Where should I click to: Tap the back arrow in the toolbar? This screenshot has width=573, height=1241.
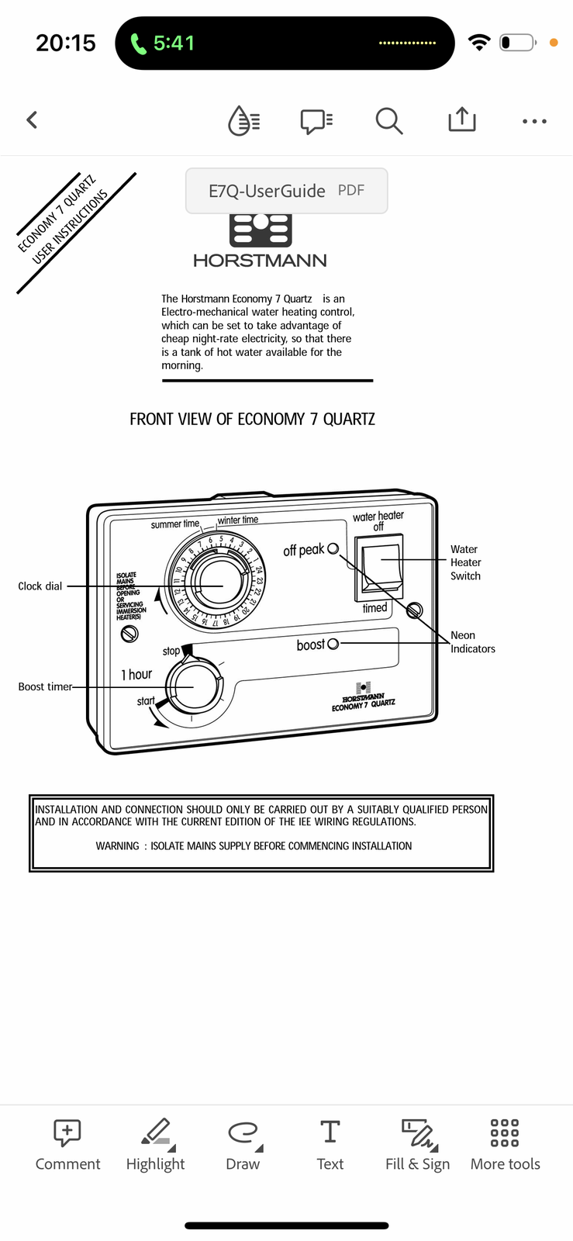tap(32, 120)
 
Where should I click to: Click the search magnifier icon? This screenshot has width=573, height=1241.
tap(388, 121)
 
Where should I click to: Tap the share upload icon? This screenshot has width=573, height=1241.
tap(461, 119)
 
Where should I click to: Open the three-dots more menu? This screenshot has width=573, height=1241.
tap(534, 122)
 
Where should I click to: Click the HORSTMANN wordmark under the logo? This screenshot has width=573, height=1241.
tap(260, 261)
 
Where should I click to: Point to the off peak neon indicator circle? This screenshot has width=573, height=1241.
tap(333, 548)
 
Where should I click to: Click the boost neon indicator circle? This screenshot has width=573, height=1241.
tap(333, 644)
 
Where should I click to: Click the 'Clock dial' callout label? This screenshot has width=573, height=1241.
tap(40, 586)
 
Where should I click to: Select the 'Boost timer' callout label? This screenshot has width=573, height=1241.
tap(45, 686)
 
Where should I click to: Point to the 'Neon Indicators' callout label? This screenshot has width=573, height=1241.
tap(472, 642)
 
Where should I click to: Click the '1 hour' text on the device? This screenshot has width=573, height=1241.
tap(136, 675)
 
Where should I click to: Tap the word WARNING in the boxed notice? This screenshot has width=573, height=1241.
tap(117, 846)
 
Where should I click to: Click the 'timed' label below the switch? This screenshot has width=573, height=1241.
tap(375, 608)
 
